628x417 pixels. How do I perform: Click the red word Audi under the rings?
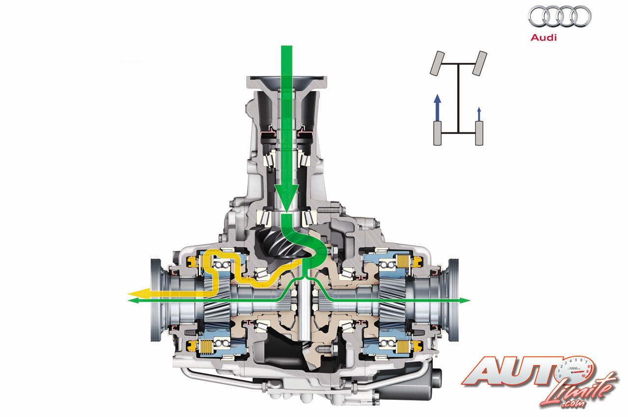pos(543,38)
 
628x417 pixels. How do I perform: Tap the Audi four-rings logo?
pos(560,17)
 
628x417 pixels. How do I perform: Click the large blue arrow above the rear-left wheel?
pos(437,107)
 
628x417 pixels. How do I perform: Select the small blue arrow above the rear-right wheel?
pos(479,114)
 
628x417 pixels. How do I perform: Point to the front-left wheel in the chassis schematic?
pos(437,63)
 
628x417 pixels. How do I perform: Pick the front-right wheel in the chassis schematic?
pos(479,63)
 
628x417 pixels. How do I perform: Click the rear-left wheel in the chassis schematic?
pos(437,133)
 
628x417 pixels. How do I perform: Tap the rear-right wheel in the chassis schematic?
pos(479,133)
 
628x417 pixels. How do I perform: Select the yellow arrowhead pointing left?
pos(139,293)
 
